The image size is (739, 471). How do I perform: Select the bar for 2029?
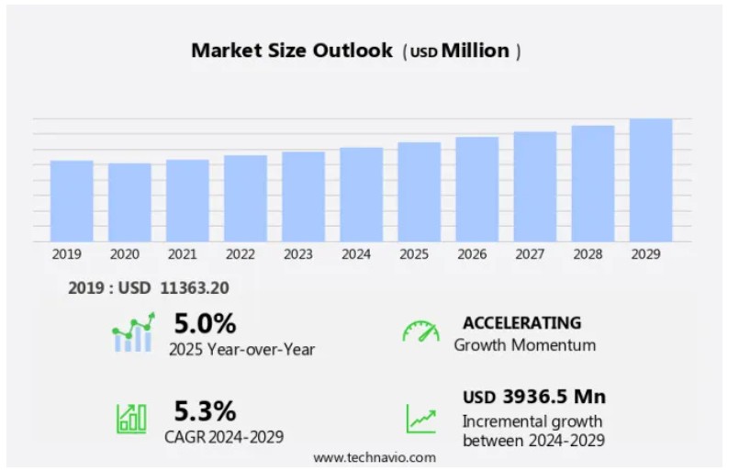pyautogui.click(x=651, y=180)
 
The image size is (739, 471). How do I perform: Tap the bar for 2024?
pyautogui.click(x=362, y=194)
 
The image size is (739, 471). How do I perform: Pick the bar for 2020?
pyautogui.click(x=129, y=202)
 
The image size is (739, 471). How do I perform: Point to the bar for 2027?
pyautogui.click(x=535, y=186)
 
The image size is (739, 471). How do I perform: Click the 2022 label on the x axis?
pyautogui.click(x=241, y=254)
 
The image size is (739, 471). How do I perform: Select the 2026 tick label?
pyautogui.click(x=472, y=254)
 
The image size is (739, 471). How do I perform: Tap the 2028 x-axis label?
pyautogui.click(x=588, y=254)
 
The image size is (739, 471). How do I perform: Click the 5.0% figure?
pyautogui.click(x=205, y=323)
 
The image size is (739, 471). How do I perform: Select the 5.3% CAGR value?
pyautogui.click(x=205, y=409)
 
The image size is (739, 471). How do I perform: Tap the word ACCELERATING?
pyautogui.click(x=521, y=323)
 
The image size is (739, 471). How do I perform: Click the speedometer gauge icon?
pyautogui.click(x=420, y=331)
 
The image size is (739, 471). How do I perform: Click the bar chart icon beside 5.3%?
pyautogui.click(x=131, y=418)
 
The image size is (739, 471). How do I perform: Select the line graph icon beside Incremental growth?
pyautogui.click(x=421, y=419)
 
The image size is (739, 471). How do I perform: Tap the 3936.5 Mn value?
pyautogui.click(x=554, y=397)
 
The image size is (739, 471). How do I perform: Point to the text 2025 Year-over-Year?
pyautogui.click(x=241, y=349)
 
